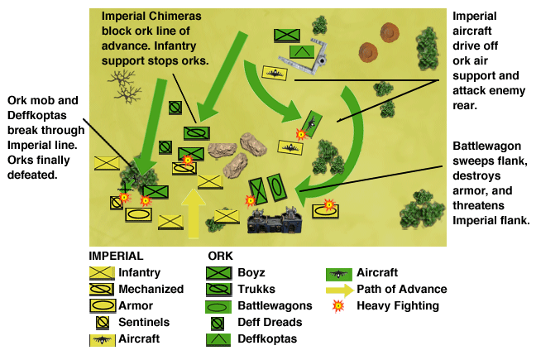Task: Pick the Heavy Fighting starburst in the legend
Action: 338,305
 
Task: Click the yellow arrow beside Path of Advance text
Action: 338,290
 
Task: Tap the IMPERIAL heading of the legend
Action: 116,256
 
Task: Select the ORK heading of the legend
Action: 221,256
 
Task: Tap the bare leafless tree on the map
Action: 125,84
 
